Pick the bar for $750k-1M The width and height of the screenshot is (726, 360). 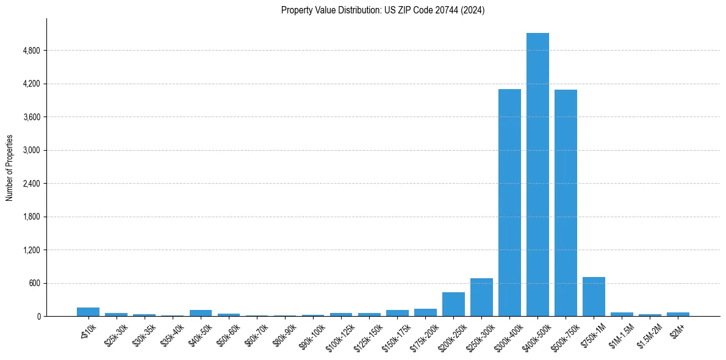594,297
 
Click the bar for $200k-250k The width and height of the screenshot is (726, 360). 453,304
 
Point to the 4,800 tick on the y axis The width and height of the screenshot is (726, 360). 31,51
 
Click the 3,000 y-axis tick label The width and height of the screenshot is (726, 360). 31,150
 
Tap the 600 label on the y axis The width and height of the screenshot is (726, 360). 34,283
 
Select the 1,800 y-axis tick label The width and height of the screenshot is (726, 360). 31,217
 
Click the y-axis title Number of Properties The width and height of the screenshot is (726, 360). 10,168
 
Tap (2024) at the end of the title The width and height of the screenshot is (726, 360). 473,10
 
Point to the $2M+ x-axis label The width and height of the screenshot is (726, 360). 677,330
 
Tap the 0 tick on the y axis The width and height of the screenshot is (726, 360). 39,317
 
